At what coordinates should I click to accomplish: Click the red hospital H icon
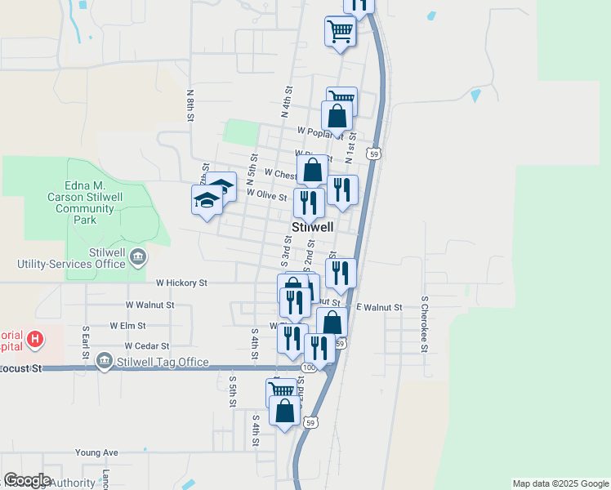pyautogui.click(x=34, y=338)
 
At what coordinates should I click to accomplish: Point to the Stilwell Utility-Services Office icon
pyautogui.click(x=137, y=258)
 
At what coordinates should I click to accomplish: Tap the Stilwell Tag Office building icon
pyautogui.click(x=104, y=361)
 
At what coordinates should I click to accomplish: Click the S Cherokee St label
pyautogui.click(x=425, y=324)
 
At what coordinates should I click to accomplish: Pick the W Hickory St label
pyautogui.click(x=181, y=283)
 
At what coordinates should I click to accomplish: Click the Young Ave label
pyautogui.click(x=96, y=452)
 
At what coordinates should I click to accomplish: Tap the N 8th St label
pyautogui.click(x=190, y=106)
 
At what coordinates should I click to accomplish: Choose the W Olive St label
pyautogui.click(x=266, y=196)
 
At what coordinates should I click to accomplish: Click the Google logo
pyautogui.click(x=26, y=480)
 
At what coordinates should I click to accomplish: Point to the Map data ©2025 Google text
pyautogui.click(x=560, y=483)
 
